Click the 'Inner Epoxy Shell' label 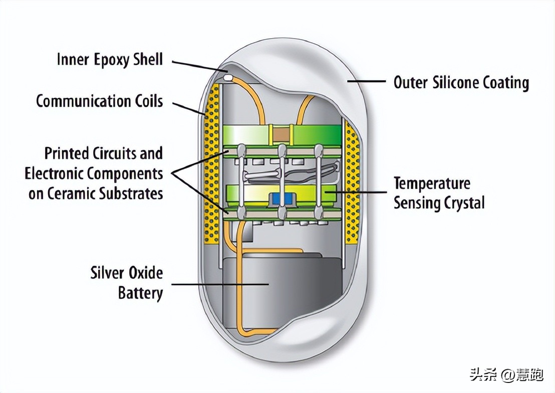pos(110,59)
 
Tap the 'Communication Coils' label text pos(100,101)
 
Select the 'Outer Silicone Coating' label pos(461,83)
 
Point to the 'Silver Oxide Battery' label pos(127,282)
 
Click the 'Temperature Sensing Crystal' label pos(439,193)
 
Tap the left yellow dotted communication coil pos(213,165)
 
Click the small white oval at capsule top pos(228,78)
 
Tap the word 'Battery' pos(140,293)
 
